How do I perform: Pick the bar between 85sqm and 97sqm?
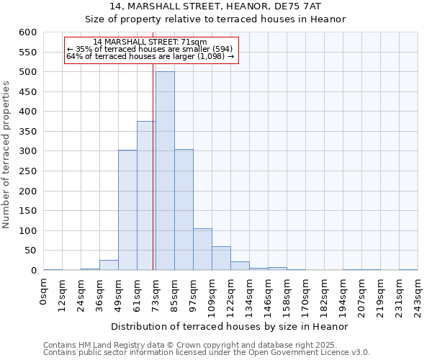click(184, 210)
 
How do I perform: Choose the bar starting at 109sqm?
click(221, 258)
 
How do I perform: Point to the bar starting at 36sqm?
click(109, 265)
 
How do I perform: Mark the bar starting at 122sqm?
click(240, 266)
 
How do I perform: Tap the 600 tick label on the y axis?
click(27, 32)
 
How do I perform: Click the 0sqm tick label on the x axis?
click(43, 291)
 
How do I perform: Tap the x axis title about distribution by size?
click(230, 326)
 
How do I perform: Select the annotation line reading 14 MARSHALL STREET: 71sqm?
click(150, 42)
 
